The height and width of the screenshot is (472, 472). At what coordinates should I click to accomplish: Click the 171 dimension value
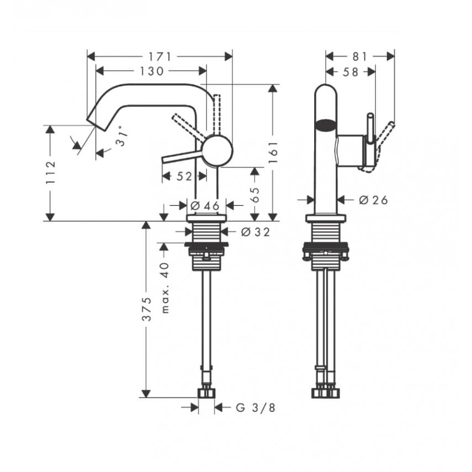(x=160, y=56)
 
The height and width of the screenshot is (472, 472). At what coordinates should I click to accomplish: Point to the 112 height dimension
(x=50, y=172)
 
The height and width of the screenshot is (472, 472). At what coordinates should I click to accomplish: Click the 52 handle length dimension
(x=184, y=177)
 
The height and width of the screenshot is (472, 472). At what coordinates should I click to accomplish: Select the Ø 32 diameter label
(x=256, y=232)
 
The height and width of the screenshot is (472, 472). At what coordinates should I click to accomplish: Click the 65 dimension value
(x=254, y=194)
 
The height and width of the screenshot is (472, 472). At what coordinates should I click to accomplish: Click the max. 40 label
(x=165, y=287)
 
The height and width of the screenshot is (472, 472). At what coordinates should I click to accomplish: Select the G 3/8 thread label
(x=256, y=408)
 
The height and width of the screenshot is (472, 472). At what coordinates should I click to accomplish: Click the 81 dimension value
(x=359, y=56)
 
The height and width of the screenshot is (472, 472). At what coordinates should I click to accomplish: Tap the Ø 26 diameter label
(x=373, y=200)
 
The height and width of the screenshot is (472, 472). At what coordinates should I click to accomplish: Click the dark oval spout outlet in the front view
(x=326, y=125)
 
